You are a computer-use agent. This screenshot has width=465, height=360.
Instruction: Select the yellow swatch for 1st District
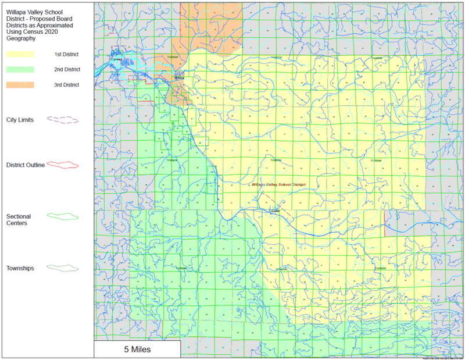pos(20,54)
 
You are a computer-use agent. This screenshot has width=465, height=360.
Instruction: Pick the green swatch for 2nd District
pos(20,69)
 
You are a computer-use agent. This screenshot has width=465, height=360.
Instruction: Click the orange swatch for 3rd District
pos(20,85)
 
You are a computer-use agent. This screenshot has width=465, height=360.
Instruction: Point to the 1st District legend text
pos(67,54)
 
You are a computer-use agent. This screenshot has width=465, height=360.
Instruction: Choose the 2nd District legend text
pos(67,69)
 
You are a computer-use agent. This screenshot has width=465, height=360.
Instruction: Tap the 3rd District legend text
pos(67,85)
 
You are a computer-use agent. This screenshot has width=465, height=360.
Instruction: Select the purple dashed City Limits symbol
pos(62,120)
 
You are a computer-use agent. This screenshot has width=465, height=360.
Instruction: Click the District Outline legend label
pos(26,165)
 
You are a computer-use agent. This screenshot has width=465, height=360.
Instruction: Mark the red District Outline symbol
pos(62,165)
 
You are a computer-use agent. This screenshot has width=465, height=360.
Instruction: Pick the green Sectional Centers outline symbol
pos(62,216)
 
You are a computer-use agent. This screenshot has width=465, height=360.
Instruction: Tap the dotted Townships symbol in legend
pos(62,268)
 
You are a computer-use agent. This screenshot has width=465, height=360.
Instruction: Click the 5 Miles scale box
pos(137,350)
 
